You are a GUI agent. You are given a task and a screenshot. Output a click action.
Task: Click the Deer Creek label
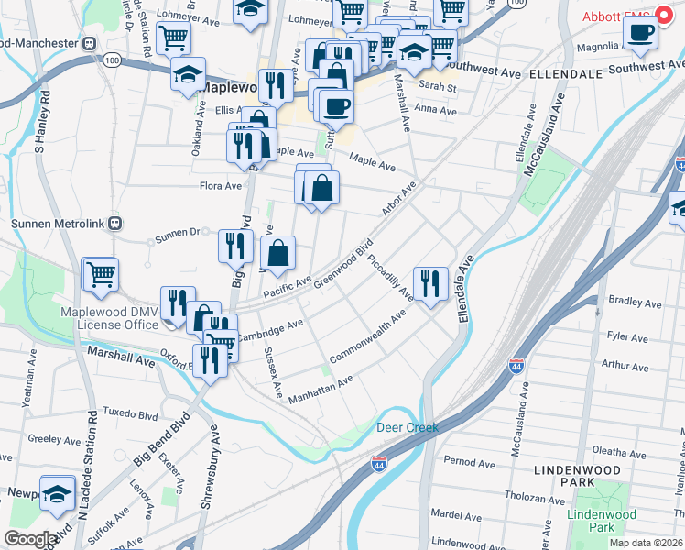click(x=408, y=428)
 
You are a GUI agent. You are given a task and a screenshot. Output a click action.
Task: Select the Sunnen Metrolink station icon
click(x=114, y=223)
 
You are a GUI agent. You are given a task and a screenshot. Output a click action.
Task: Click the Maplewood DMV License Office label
click(x=110, y=318)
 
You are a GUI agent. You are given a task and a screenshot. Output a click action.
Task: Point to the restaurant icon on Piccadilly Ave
click(x=429, y=282)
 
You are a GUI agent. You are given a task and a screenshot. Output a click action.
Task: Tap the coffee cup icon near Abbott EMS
click(x=641, y=32)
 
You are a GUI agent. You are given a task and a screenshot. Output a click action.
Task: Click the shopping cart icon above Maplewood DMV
click(x=101, y=272)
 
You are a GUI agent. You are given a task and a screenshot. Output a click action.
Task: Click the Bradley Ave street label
click(x=635, y=302)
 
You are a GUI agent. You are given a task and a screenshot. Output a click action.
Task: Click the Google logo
click(x=30, y=538)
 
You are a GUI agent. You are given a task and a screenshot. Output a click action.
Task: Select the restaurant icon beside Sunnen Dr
click(x=235, y=245)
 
